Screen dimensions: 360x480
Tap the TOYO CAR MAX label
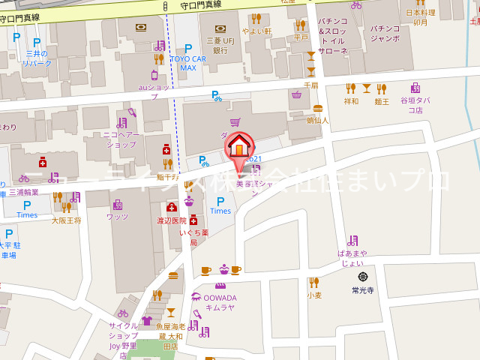pyautogui.click(x=188, y=62)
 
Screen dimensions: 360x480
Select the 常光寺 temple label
pyautogui.click(x=362, y=289)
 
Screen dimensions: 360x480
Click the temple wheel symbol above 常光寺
pyautogui.click(x=363, y=276)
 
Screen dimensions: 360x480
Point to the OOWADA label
pyautogui.click(x=219, y=298)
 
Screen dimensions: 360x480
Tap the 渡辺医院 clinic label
pyautogui.click(x=172, y=220)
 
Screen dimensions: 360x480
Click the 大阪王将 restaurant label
pyautogui.click(x=65, y=220)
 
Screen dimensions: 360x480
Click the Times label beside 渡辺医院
pyautogui.click(x=220, y=211)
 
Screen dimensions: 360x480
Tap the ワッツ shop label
pyautogui.click(x=118, y=217)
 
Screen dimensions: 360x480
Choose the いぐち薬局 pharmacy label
pyautogui.click(x=193, y=238)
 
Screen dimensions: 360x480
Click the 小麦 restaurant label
pyautogui.click(x=314, y=295)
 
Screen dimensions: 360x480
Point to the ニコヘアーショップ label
pyautogui.click(x=120, y=139)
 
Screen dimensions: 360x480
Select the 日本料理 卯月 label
pyautogui.click(x=421, y=17)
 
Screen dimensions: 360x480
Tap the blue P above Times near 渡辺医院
pyautogui.click(x=220, y=200)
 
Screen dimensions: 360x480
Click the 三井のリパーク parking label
pyautogui.click(x=37, y=58)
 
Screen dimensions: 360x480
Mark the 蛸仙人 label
pyautogui.click(x=318, y=119)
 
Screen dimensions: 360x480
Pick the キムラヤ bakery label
pyautogui.click(x=220, y=307)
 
